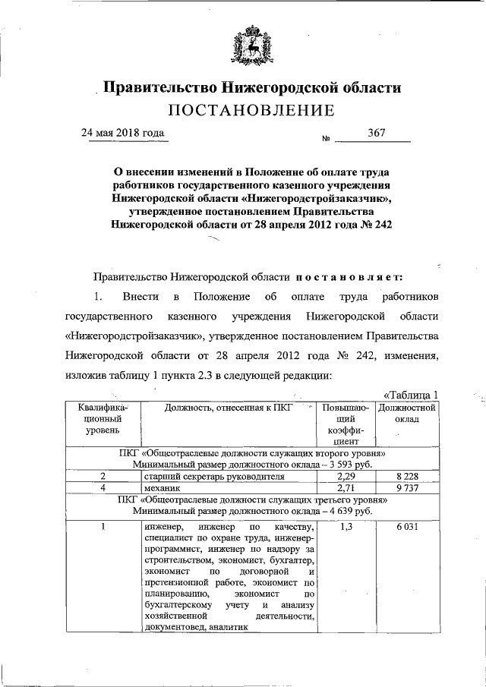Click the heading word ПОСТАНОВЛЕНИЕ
pyautogui.click(x=251, y=111)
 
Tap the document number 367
pyautogui.click(x=377, y=133)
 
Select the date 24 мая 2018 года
pyautogui.click(x=122, y=133)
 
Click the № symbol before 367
pyautogui.click(x=327, y=139)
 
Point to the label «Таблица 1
pyautogui.click(x=412, y=394)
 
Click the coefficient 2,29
pyautogui.click(x=346, y=476)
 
